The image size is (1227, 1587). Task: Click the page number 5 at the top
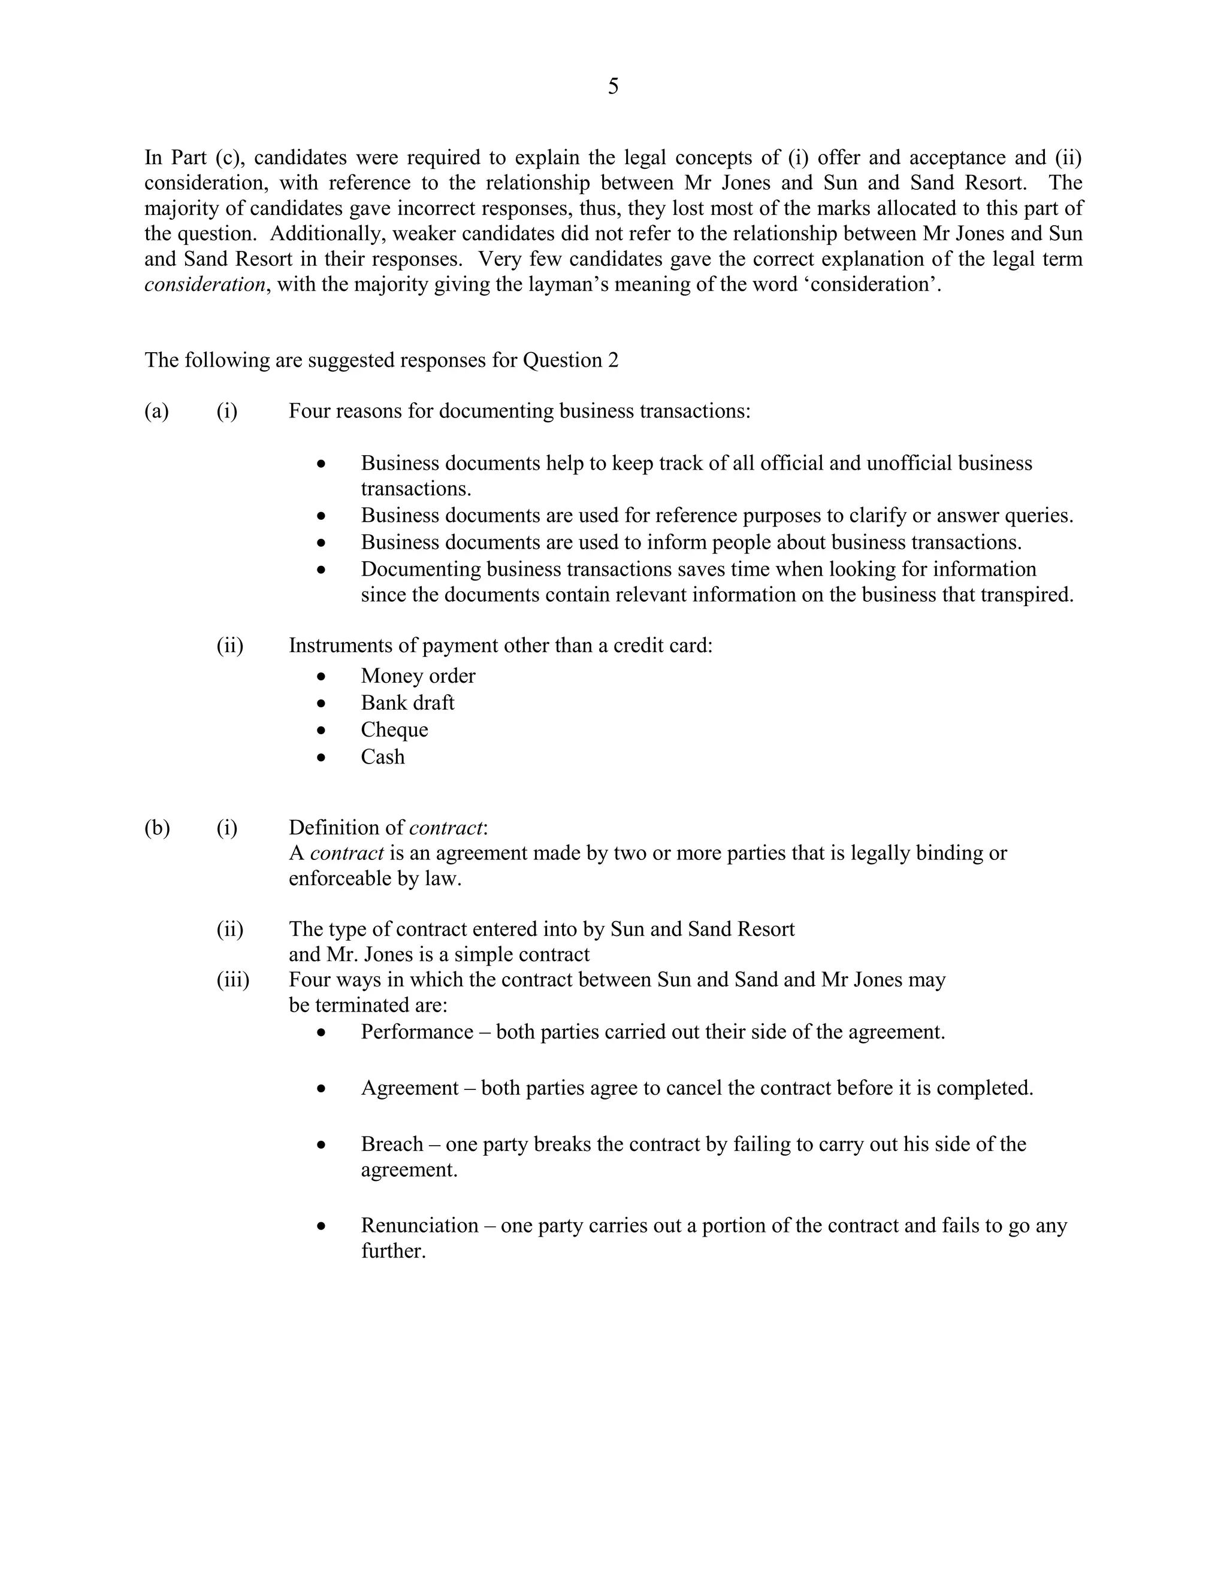pyautogui.click(x=613, y=86)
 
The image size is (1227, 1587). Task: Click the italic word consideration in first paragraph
pyautogui.click(x=205, y=284)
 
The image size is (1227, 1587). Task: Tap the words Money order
pyautogui.click(x=418, y=676)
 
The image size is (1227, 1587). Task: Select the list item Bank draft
pyautogui.click(x=407, y=702)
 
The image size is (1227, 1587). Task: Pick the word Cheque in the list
pyautogui.click(x=394, y=729)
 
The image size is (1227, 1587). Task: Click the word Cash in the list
pyautogui.click(x=382, y=756)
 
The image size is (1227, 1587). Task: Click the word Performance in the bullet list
pyautogui.click(x=416, y=1032)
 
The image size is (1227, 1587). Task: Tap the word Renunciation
pyautogui.click(x=419, y=1225)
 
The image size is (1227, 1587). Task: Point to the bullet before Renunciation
pyautogui.click(x=322, y=1226)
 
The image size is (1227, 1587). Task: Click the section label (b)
pyautogui.click(x=157, y=828)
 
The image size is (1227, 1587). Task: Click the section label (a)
pyautogui.click(x=156, y=411)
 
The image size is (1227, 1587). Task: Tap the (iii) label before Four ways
pyautogui.click(x=232, y=980)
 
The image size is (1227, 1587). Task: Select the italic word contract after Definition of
pyautogui.click(x=446, y=828)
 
